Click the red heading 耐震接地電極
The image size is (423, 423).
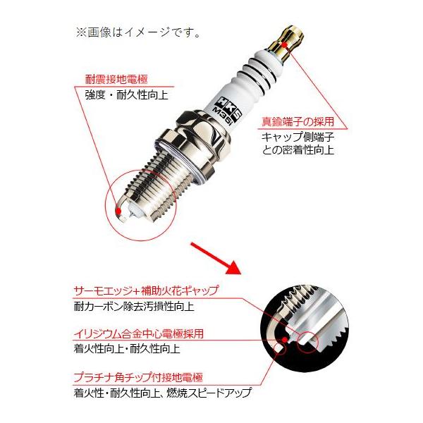coord(116,79)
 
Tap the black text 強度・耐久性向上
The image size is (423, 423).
coord(126,95)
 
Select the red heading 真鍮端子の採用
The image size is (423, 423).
coord(298,122)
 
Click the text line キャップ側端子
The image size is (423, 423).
coord(298,137)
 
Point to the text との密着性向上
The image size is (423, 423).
coord(298,150)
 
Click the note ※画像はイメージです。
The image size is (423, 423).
coord(138,33)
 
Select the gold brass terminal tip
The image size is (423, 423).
coord(288,43)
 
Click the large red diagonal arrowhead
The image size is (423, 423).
coord(232,266)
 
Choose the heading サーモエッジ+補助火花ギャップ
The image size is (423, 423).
coord(145,290)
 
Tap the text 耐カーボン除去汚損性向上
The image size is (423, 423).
coord(134,307)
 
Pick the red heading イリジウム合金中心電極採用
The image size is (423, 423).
coord(139,334)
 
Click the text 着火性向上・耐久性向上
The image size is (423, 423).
coord(127,349)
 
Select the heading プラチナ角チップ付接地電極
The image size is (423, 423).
coord(138,377)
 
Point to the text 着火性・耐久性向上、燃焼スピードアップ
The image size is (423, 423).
coord(162,393)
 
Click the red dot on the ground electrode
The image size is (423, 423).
coord(118,210)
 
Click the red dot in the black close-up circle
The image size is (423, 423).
coord(284,339)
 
